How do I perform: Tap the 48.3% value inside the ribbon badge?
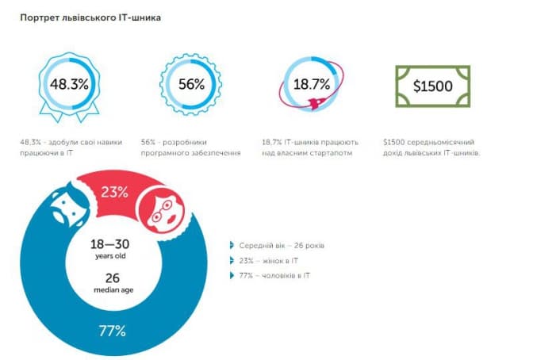pyautogui.click(x=66, y=83)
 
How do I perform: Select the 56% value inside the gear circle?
pyautogui.click(x=190, y=83)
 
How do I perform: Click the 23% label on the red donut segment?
pyautogui.click(x=115, y=190)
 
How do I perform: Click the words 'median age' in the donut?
pyautogui.click(x=113, y=289)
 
